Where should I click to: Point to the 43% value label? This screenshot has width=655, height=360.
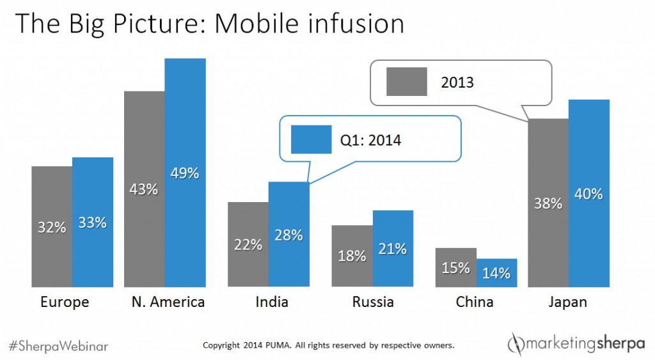[x=144, y=189]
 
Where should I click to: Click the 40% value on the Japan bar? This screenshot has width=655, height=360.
[x=588, y=194]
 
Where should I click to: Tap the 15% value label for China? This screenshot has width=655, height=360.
[x=455, y=268]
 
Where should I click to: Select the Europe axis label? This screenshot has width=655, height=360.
[x=65, y=302]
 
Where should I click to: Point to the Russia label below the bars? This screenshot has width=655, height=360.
[x=373, y=302]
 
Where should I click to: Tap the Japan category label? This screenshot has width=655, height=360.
[x=569, y=302]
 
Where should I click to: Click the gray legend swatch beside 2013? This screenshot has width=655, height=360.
[x=406, y=82]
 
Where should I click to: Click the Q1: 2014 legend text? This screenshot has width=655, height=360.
[x=371, y=139]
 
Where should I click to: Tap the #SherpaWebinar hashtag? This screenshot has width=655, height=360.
[x=58, y=345]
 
